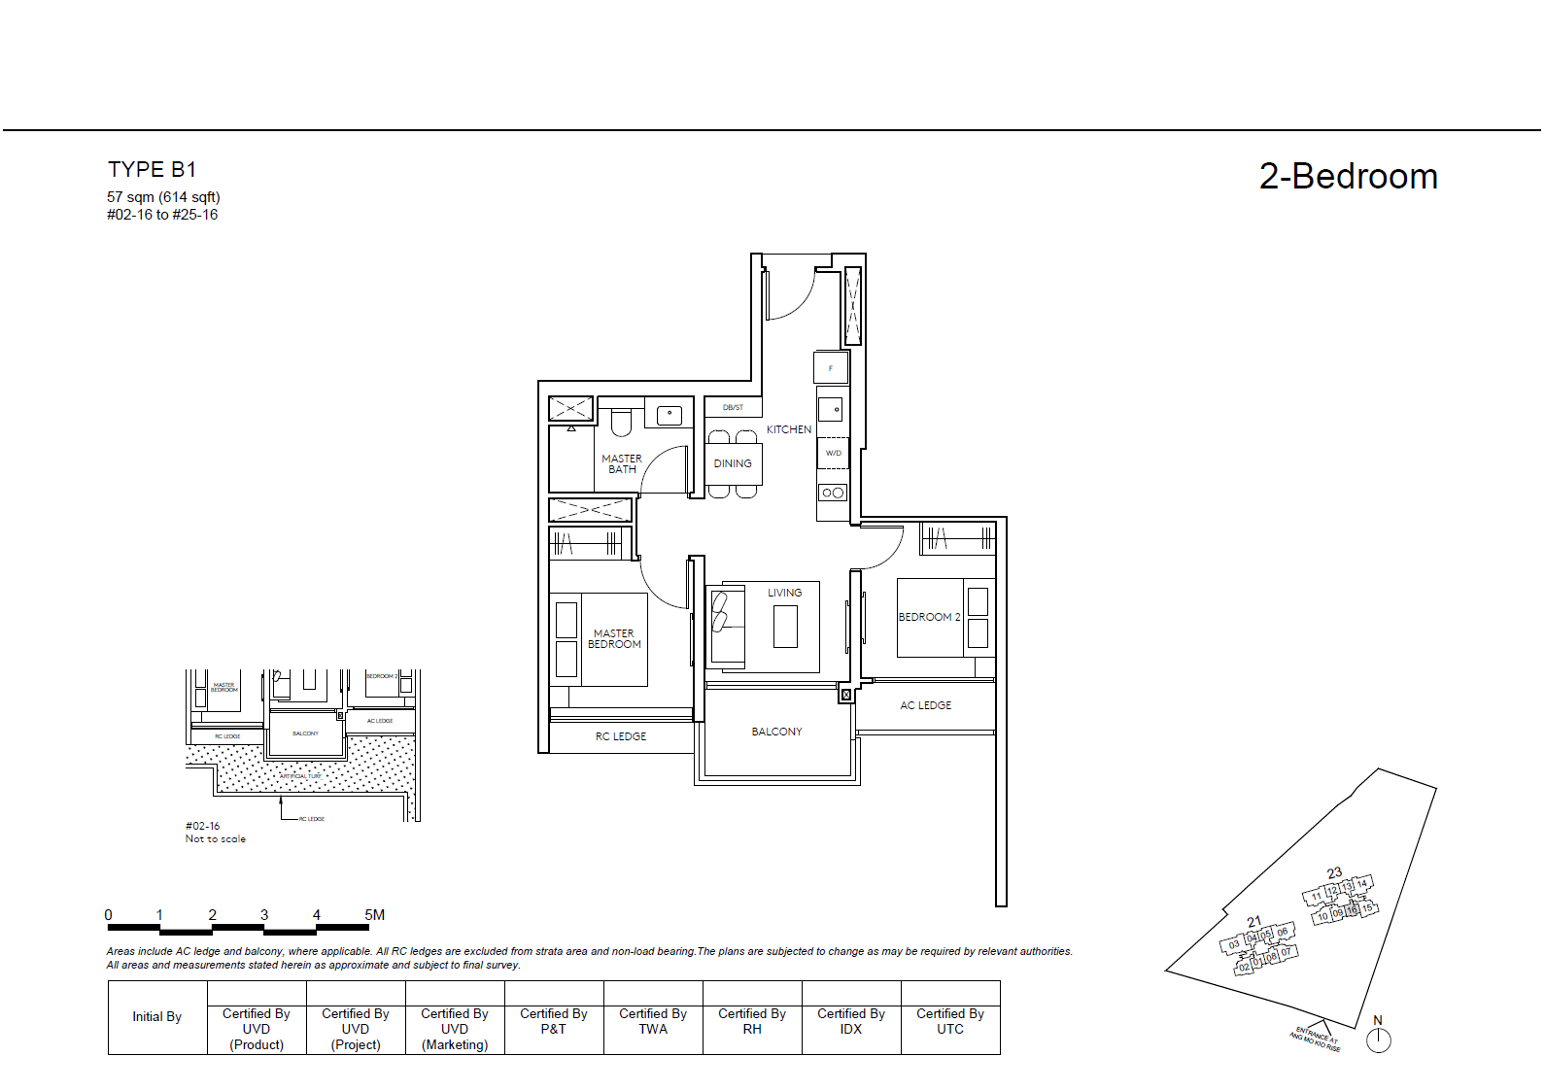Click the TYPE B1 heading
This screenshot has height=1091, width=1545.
click(152, 170)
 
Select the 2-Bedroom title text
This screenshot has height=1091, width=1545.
click(1348, 177)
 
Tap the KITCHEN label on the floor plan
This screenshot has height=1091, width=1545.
click(788, 429)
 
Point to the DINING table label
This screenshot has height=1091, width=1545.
click(733, 463)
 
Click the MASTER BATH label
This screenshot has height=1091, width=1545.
click(622, 463)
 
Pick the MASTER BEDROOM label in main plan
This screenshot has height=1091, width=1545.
click(614, 638)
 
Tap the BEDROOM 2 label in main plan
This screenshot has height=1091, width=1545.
click(929, 617)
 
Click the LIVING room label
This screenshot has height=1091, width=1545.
click(784, 593)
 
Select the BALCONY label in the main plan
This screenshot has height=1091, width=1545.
click(776, 732)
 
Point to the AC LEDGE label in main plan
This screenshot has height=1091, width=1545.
click(925, 705)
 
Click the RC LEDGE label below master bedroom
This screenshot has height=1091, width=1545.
click(621, 736)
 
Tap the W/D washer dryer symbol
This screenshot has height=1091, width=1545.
click(833, 453)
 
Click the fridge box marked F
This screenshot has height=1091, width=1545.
click(831, 368)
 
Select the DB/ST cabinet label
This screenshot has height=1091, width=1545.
click(733, 408)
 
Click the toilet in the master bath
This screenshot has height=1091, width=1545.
click(621, 424)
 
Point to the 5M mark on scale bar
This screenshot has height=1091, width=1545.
click(374, 915)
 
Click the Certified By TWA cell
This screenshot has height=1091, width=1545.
click(653, 1021)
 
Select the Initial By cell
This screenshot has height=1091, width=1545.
click(157, 1017)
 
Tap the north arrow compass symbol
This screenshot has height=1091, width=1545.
click(1378, 1040)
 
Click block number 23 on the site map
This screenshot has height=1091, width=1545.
click(1334, 873)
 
